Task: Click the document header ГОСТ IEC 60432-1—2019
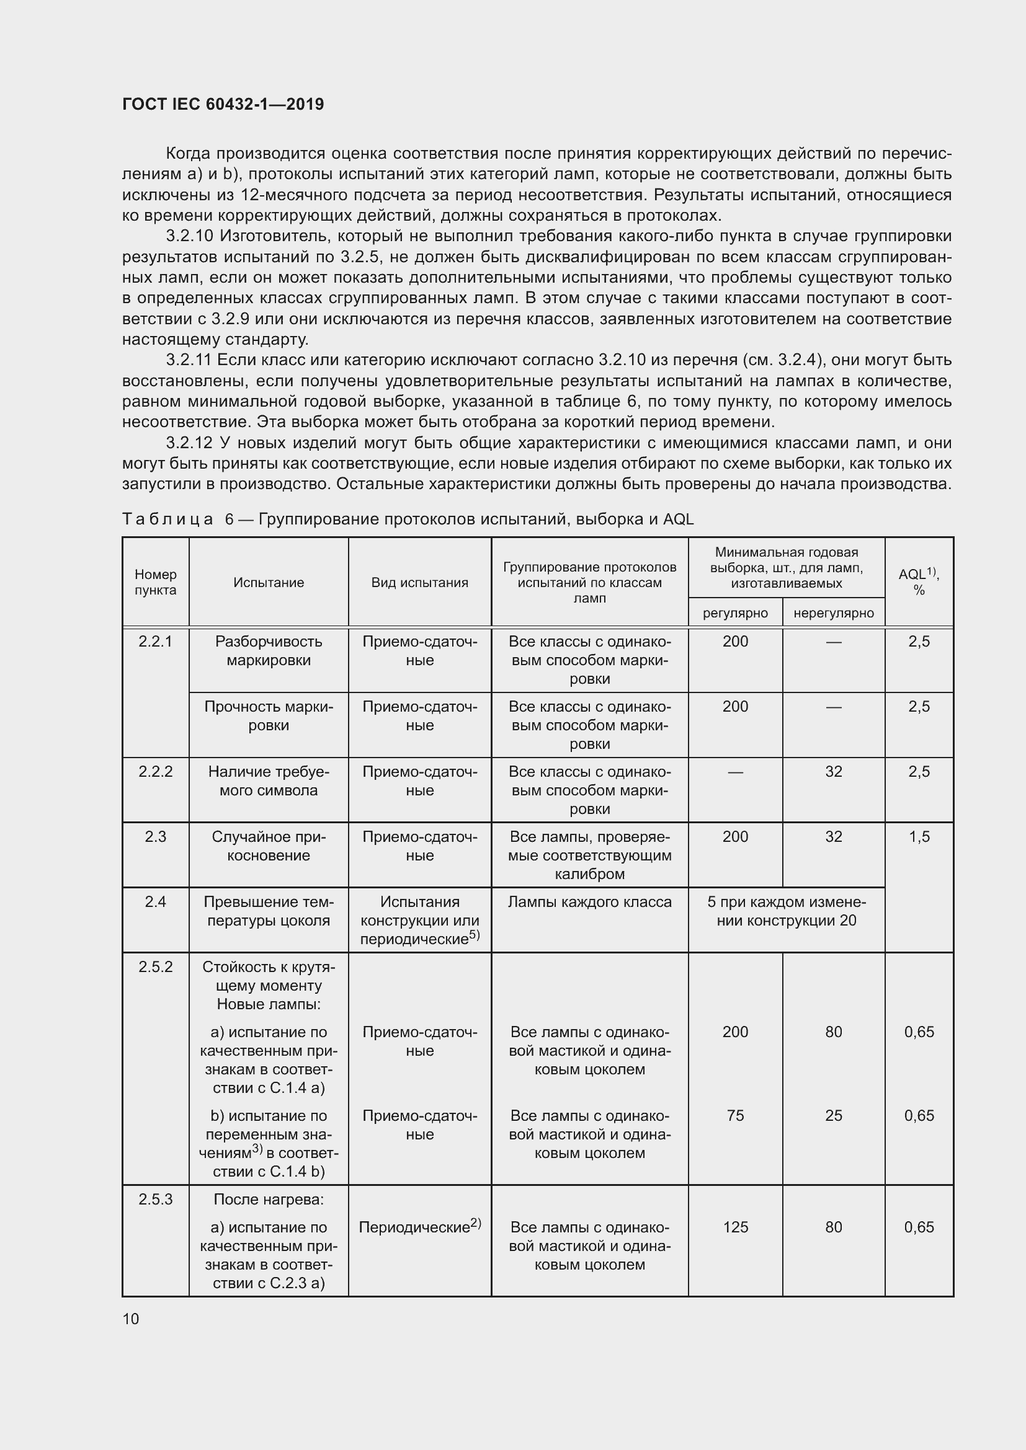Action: pyautogui.click(x=223, y=104)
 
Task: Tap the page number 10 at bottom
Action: pyautogui.click(x=131, y=1319)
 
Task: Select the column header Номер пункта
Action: pyautogui.click(x=156, y=582)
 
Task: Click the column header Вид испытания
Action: pyautogui.click(x=419, y=582)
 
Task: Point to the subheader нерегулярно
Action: pyautogui.click(x=833, y=612)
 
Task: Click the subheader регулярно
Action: pyautogui.click(x=736, y=612)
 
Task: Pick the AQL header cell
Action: pyautogui.click(x=919, y=581)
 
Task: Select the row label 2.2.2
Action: pyautogui.click(x=156, y=772)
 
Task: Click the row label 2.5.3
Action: pyautogui.click(x=156, y=1200)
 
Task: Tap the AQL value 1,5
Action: pyautogui.click(x=919, y=837)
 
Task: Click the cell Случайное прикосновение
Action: pyautogui.click(x=269, y=846)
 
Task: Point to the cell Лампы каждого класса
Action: pyautogui.click(x=589, y=902)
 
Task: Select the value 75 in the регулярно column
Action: pyautogui.click(x=736, y=1116)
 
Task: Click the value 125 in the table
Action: pyautogui.click(x=736, y=1227)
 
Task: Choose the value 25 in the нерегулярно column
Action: pyautogui.click(x=833, y=1116)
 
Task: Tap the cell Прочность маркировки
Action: pyautogui.click(x=269, y=715)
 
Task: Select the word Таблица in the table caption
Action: pyautogui.click(x=167, y=519)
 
